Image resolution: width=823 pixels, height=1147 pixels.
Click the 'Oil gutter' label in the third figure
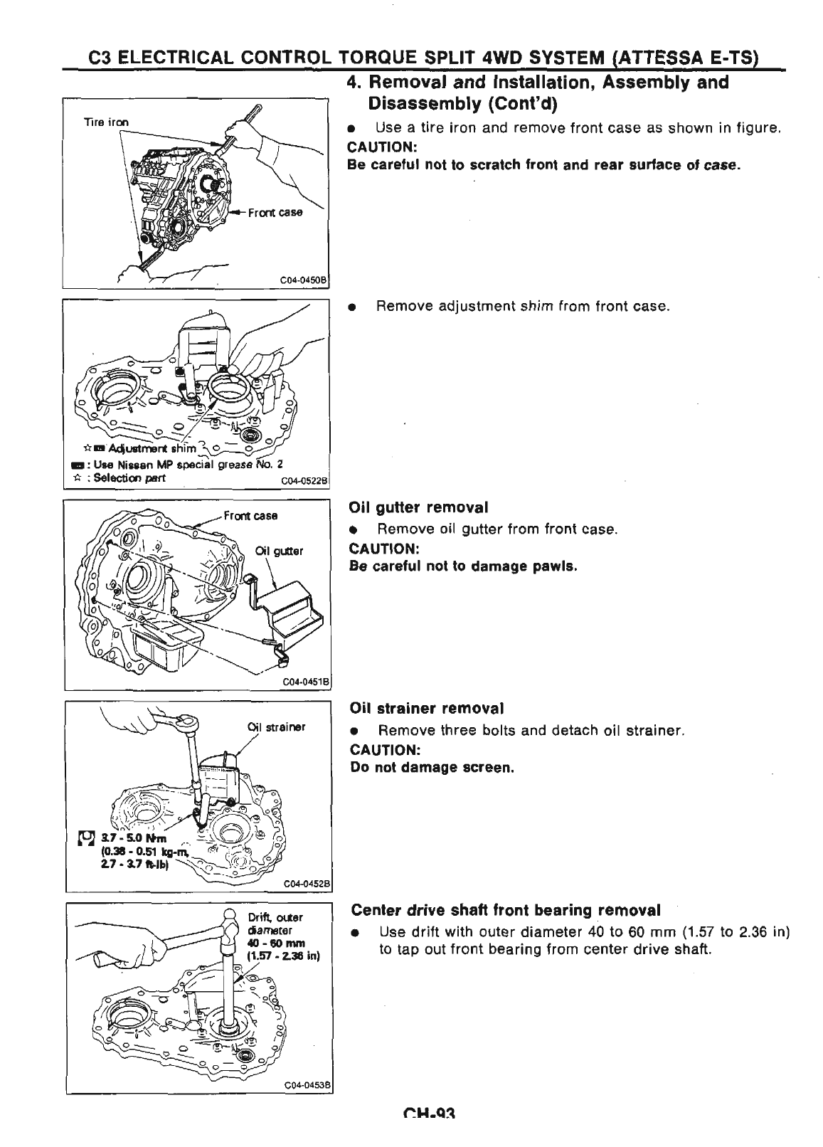(280, 550)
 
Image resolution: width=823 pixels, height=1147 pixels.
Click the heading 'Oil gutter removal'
(418, 507)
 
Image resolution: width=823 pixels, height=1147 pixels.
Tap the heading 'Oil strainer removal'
(427, 709)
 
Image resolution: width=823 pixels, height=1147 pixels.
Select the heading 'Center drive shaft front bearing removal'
(506, 910)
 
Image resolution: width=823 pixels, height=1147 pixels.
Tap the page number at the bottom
(428, 1134)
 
